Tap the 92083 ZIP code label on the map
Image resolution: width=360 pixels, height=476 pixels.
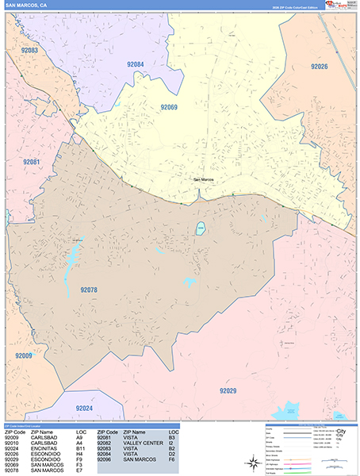(30, 50)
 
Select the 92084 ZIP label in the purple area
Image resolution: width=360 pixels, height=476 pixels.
(135, 64)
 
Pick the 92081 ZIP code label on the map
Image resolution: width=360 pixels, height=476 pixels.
(31, 162)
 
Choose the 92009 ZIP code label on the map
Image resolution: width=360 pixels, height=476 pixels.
(24, 357)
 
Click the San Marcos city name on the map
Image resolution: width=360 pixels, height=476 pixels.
(205, 180)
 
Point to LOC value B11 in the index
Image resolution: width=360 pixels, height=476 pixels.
(80, 448)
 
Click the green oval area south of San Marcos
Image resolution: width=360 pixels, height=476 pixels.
(201, 229)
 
